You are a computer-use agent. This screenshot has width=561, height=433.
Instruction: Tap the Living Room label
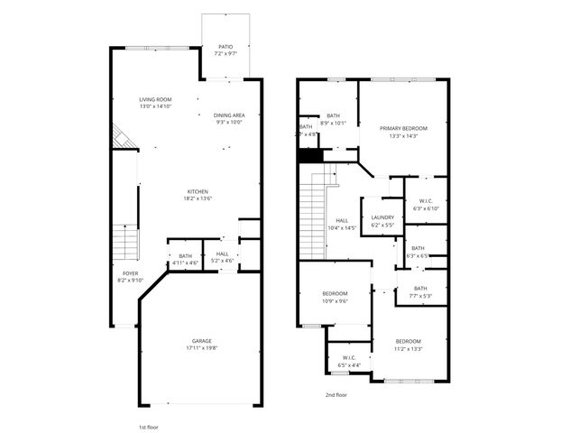[155, 102]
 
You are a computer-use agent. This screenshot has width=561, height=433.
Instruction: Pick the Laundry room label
[382, 220]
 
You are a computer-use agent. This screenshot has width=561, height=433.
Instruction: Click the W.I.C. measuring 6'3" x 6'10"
[426, 205]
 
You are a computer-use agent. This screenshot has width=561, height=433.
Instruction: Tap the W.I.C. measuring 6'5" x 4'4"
[348, 360]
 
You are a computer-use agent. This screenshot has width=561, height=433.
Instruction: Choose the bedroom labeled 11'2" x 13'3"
[408, 345]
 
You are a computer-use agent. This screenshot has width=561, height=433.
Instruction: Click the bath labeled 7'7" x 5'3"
[421, 291]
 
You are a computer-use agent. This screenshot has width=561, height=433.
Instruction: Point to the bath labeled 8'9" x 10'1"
[333, 119]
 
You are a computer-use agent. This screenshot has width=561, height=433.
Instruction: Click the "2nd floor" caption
[336, 395]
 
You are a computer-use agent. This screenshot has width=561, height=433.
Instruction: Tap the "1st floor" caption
[149, 425]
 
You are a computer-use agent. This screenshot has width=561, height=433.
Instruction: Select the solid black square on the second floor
[310, 155]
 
